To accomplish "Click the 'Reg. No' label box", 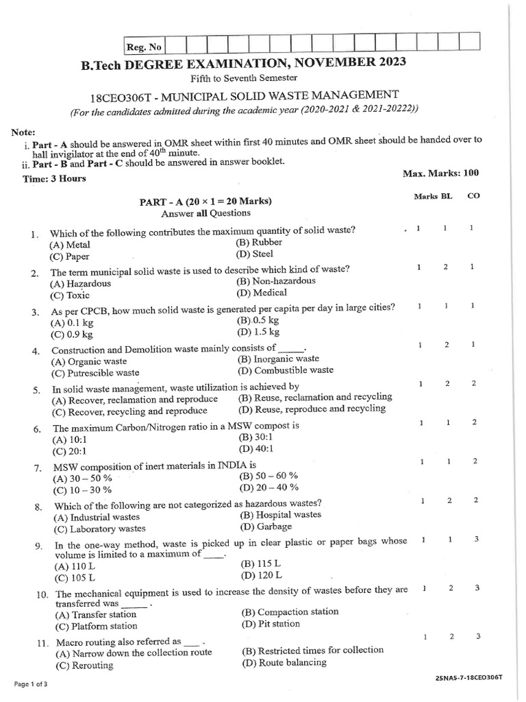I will (x=144, y=47).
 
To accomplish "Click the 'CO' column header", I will (x=473, y=195).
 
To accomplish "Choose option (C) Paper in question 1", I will (x=69, y=256).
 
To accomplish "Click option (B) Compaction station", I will (x=290, y=612).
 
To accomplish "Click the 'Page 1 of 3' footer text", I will (x=30, y=684).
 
